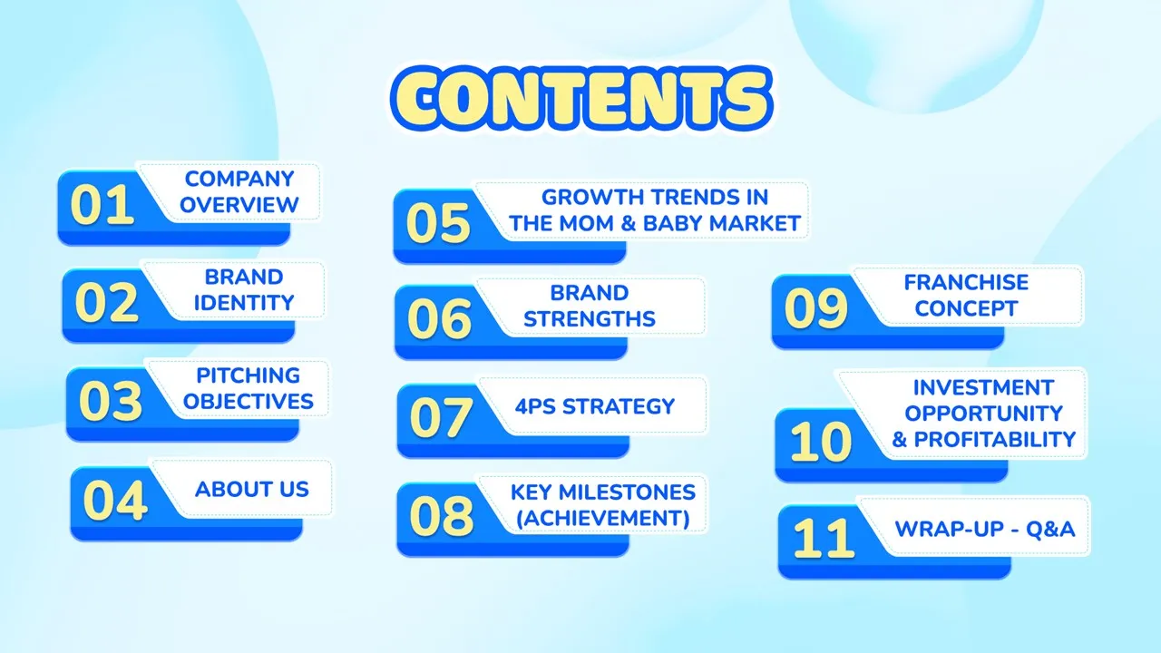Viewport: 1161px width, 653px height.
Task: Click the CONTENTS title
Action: (x=581, y=99)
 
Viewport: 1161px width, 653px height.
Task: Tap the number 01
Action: (x=102, y=205)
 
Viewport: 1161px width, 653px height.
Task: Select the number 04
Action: (x=115, y=501)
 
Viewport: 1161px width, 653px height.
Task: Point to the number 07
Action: (x=441, y=418)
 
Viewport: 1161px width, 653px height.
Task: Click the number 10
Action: (x=821, y=442)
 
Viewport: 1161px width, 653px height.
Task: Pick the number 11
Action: (x=824, y=539)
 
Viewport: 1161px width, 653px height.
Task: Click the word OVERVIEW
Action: (x=239, y=205)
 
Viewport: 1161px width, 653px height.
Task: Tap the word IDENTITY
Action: (x=244, y=303)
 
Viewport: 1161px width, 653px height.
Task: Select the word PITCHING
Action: (x=249, y=375)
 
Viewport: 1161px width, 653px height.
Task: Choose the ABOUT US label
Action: (x=252, y=489)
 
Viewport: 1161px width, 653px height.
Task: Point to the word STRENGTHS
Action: (x=590, y=319)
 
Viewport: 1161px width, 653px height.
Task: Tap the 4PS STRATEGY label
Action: (x=595, y=407)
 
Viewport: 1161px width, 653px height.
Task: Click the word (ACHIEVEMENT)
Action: (x=603, y=519)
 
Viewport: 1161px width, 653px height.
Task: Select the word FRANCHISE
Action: (x=966, y=283)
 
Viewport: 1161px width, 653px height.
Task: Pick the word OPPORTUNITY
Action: (x=984, y=414)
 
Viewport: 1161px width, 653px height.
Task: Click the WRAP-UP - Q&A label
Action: (x=985, y=529)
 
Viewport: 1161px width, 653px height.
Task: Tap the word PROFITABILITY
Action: (x=995, y=440)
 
